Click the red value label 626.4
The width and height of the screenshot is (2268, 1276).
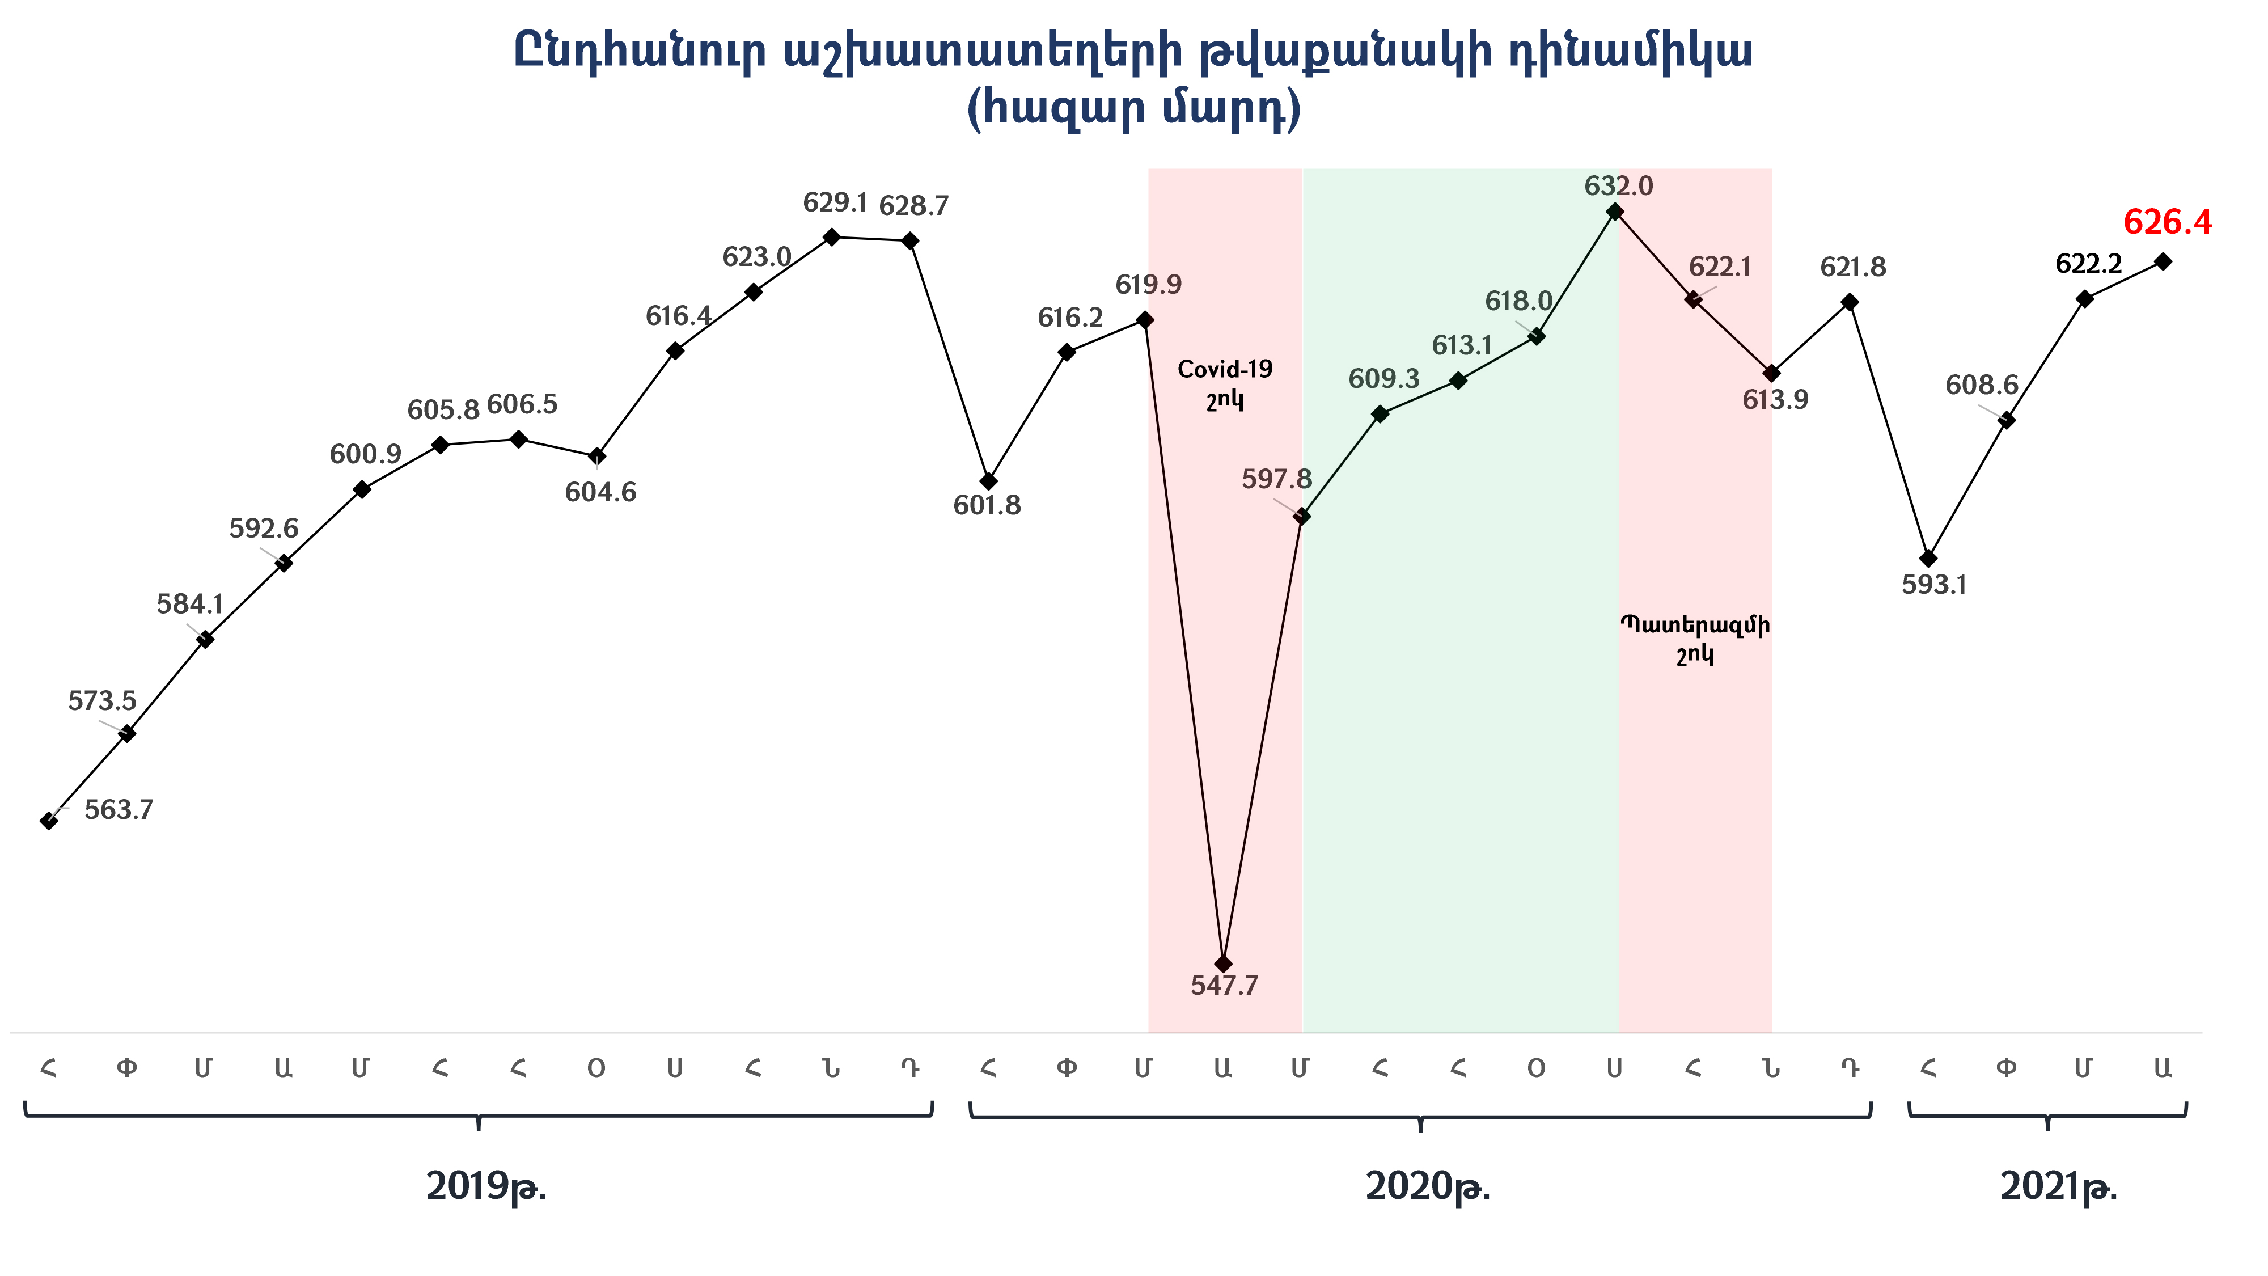click(2167, 223)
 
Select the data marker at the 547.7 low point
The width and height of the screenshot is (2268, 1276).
click(1223, 964)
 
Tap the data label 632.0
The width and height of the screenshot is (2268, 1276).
click(1618, 187)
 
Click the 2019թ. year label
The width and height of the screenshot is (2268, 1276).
click(486, 1187)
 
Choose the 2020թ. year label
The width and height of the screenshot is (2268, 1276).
click(1427, 1187)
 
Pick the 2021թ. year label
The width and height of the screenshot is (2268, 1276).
click(2058, 1187)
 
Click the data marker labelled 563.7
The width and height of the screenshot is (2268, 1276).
click(49, 821)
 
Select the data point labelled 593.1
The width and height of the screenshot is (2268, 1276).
click(1928, 558)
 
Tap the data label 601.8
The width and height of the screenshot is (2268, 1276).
click(987, 505)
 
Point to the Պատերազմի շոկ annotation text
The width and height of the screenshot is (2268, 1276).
click(1695, 639)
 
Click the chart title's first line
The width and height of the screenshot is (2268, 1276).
click(1133, 53)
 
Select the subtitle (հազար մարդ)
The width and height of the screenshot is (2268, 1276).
click(1133, 109)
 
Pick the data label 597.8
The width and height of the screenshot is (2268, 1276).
click(1277, 479)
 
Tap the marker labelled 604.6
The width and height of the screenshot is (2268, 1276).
click(597, 456)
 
